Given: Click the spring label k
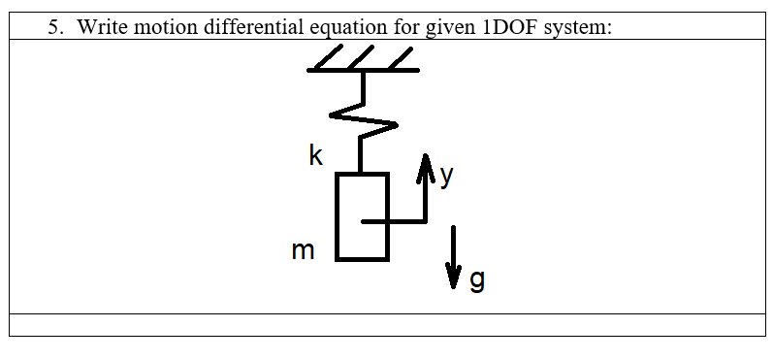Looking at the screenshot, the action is [315, 155].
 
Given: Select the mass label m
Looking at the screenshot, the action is [303, 250].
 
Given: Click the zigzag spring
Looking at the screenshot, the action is [363, 119].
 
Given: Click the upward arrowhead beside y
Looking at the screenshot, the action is [424, 167].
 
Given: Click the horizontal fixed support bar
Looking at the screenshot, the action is [363, 71].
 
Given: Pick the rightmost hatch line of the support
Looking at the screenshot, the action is [401, 57].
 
